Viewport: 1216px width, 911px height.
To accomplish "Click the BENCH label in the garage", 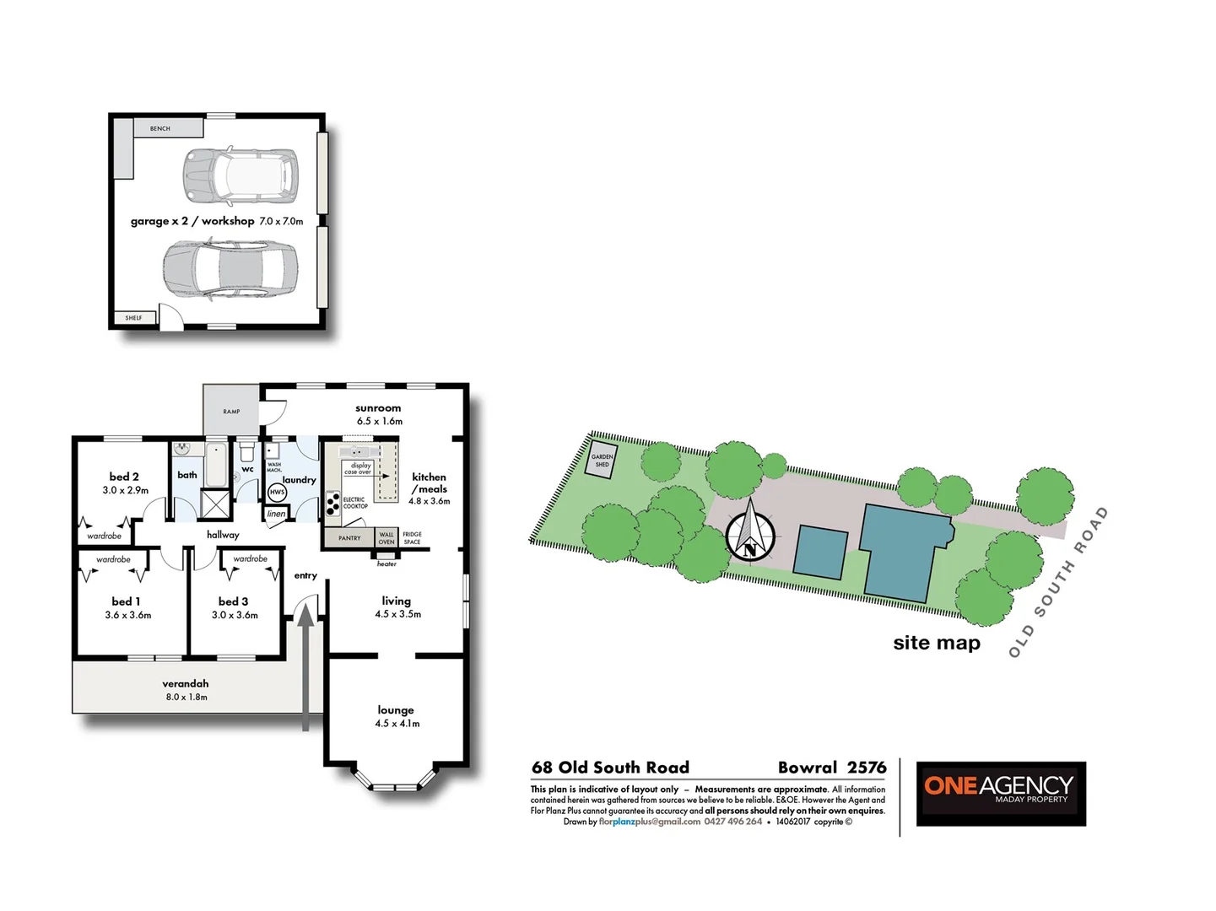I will (160, 128).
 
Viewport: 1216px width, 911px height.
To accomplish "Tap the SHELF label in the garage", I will (133, 318).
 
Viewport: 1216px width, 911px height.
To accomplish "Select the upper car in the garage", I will (240, 175).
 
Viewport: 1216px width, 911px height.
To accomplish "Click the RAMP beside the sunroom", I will (231, 411).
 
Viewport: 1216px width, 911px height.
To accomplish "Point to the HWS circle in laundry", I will (277, 492).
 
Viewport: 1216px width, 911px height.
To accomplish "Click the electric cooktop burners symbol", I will (333, 504).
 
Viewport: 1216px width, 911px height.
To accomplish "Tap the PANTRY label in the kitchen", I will (349, 538).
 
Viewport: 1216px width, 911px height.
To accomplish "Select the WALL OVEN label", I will (386, 538).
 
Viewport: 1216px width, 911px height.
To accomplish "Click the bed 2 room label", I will (124, 477).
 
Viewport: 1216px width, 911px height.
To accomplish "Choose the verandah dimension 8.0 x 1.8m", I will (186, 697).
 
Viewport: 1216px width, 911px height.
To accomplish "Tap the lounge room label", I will (396, 710).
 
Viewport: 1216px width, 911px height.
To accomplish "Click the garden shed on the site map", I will (602, 461).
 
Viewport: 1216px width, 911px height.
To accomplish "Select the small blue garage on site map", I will (820, 553).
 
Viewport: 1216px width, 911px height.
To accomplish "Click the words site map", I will (937, 643).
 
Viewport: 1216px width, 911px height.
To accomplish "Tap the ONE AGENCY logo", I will (1001, 793).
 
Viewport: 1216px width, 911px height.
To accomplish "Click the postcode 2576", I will (867, 768).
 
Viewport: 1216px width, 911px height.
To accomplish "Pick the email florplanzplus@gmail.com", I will (650, 822).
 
